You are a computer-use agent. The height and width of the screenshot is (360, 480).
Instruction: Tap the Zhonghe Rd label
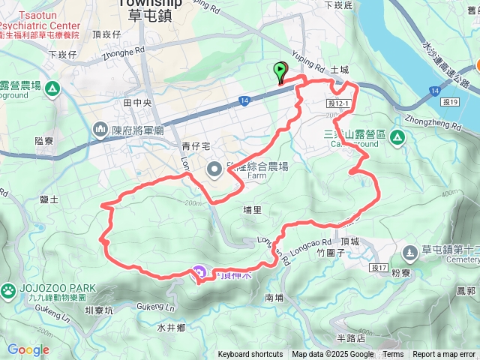coord(123,54)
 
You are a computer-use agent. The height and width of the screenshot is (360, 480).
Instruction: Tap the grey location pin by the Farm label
coord(214,169)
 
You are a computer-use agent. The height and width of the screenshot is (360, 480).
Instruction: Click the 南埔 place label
coord(274,298)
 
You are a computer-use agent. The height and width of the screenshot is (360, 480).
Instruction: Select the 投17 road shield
coord(378,268)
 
